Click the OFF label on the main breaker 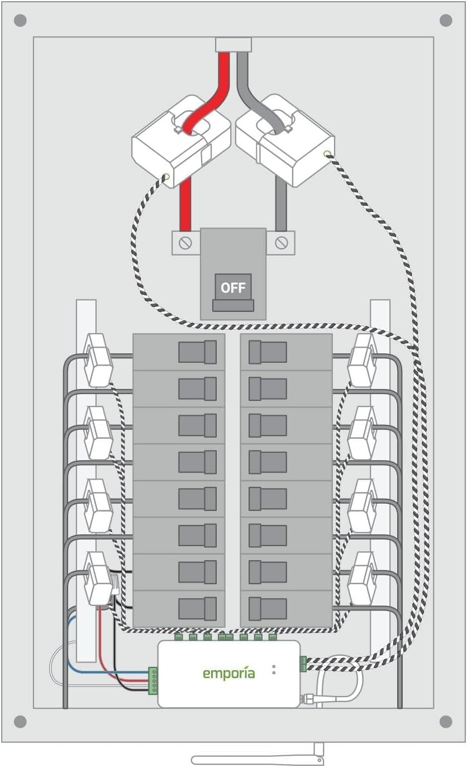pyautogui.click(x=233, y=288)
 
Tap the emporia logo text pyautogui.click(x=228, y=673)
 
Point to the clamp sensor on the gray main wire pyautogui.click(x=285, y=140)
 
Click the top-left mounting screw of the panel pyautogui.click(x=20, y=21)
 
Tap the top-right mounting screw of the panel pyautogui.click(x=446, y=21)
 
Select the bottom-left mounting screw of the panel pyautogui.click(x=20, y=721)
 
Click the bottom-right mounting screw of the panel pyautogui.click(x=446, y=721)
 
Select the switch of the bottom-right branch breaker pyautogui.click(x=267, y=608)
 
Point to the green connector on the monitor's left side pyautogui.click(x=153, y=680)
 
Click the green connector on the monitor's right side pyautogui.click(x=303, y=664)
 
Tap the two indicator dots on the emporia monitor pyautogui.click(x=274, y=669)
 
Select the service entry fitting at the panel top pyautogui.click(x=233, y=45)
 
